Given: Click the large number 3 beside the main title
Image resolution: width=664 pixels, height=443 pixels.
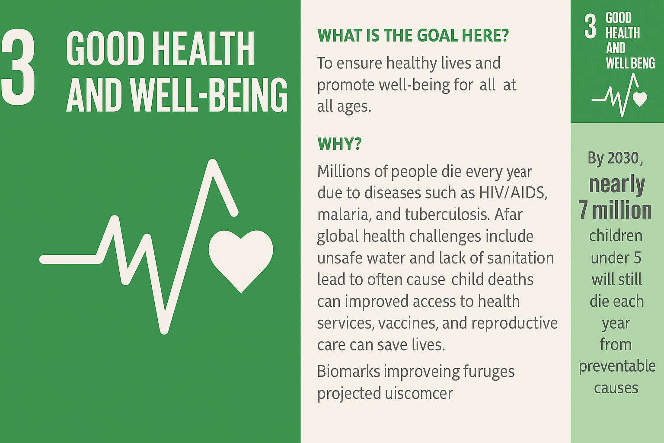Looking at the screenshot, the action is pos(19,67).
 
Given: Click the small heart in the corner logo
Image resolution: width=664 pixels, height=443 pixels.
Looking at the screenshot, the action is pos(640,99).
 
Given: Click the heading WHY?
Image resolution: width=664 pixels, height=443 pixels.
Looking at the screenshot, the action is pos(339,144).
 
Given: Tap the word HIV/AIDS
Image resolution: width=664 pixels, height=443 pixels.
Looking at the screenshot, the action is pos(513,193).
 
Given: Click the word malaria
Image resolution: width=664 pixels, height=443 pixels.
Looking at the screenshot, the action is pos(344,215).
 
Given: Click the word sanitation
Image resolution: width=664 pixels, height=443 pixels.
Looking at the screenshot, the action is pos(520,258).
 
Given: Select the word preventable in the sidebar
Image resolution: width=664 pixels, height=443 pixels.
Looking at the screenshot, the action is pos(617,366).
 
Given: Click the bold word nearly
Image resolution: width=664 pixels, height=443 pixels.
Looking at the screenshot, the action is pos(617,184).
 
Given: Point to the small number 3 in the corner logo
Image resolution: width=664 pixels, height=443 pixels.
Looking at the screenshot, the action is pos(590,27).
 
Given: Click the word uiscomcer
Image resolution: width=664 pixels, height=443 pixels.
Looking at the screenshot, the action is pos(419,393).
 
